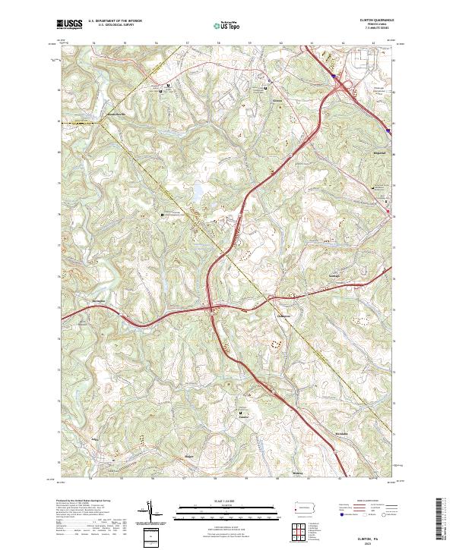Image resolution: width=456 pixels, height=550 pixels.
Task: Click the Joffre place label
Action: click(x=96, y=438)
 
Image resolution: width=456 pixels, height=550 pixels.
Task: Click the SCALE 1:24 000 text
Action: click(x=217, y=501)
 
